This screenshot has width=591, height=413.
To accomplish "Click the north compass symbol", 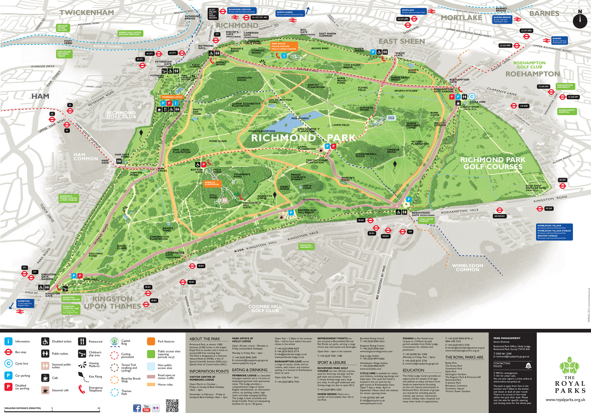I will (580, 20).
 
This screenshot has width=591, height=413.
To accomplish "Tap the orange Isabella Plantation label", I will (212, 183).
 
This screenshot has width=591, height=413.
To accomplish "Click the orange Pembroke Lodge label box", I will (172, 97).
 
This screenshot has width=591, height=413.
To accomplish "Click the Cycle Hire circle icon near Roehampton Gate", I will (472, 97).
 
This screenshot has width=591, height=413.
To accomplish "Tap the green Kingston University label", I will (306, 246).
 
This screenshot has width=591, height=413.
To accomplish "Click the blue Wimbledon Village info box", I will (554, 232).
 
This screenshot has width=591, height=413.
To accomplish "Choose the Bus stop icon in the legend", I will (8, 352).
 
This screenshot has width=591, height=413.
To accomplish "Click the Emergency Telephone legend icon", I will (82, 389).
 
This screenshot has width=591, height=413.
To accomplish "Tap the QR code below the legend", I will (172, 405).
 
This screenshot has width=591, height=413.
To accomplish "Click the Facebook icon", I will (137, 408).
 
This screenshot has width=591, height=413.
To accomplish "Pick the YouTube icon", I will (147, 408).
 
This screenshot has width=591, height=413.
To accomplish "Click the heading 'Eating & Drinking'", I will (250, 370).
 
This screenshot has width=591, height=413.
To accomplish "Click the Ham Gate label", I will (105, 162).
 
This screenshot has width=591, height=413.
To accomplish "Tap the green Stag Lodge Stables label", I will (426, 220).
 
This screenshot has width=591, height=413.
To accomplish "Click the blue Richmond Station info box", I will (242, 11).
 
